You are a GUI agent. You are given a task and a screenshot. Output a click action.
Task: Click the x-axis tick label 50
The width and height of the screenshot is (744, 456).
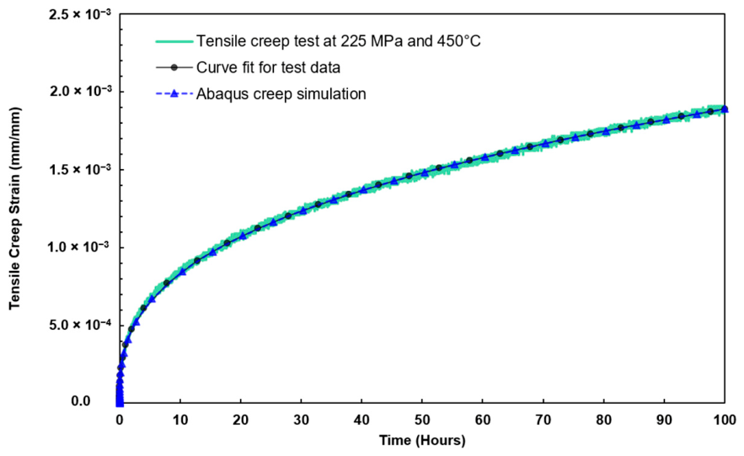[422, 420]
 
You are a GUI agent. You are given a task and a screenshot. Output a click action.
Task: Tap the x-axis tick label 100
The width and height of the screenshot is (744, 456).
[725, 420]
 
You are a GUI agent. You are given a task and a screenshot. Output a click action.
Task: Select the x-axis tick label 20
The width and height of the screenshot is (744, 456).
[241, 420]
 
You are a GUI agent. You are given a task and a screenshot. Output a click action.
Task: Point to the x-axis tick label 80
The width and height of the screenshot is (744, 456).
[603, 420]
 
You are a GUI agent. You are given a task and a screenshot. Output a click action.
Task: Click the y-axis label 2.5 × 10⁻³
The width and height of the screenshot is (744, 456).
[80, 14]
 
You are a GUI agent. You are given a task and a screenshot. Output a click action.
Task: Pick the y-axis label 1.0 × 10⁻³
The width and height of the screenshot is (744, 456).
[80, 247]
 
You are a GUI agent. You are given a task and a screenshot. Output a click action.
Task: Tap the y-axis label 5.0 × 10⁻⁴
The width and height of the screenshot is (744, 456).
[80, 325]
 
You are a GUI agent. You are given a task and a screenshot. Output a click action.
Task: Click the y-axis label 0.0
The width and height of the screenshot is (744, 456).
[81, 401]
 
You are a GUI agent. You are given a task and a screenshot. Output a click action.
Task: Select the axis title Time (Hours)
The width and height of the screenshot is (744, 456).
[422, 440]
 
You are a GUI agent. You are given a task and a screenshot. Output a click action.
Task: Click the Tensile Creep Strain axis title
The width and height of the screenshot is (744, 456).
[15, 209]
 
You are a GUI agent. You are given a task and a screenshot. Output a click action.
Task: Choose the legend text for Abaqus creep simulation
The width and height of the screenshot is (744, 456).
[281, 94]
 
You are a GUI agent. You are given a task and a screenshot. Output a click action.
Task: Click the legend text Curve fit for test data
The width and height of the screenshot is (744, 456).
[269, 67]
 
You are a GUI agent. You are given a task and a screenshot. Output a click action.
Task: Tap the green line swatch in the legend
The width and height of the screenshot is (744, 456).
[174, 41]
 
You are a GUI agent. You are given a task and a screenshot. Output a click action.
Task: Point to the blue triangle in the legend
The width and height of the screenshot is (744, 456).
[174, 93]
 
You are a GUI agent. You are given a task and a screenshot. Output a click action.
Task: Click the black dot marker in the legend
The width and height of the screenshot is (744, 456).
[174, 67]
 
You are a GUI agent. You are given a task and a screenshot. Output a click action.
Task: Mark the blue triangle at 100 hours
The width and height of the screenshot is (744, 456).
[725, 109]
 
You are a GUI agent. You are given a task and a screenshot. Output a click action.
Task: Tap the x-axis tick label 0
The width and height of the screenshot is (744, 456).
[120, 420]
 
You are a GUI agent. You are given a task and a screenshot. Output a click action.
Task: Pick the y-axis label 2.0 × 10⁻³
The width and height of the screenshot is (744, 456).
[80, 91]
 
